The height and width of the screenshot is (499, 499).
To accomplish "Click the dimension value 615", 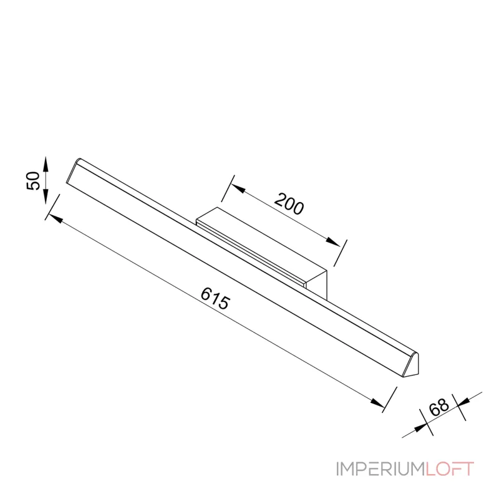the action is [215, 298].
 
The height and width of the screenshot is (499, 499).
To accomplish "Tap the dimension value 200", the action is [289, 204].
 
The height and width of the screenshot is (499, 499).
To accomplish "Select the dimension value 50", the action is [33, 180].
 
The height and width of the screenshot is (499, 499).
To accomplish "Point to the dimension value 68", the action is [438, 407].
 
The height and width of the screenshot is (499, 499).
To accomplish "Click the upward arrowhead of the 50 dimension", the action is [46, 165].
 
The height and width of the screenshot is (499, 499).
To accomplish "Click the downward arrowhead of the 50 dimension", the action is [46, 196].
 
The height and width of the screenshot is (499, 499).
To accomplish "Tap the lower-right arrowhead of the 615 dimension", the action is [378, 402].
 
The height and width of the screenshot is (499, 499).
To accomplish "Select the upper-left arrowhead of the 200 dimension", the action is [238, 188].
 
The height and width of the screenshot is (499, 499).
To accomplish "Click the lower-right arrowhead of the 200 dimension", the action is [333, 241].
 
